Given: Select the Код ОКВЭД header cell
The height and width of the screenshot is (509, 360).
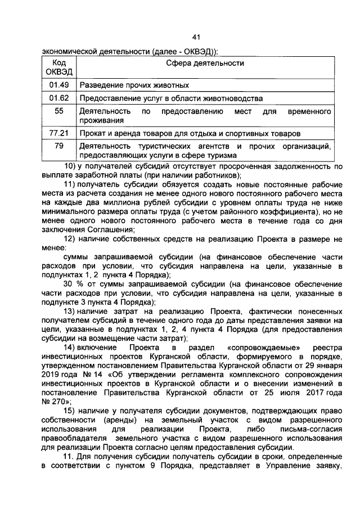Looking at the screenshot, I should tap(58, 67).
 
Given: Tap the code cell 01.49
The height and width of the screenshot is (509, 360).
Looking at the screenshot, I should tap(58, 85).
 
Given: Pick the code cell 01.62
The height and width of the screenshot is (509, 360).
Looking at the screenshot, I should tap(58, 98).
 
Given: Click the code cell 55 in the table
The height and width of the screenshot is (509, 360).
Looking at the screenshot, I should tap(58, 111).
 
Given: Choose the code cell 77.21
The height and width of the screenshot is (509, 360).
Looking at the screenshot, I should tap(58, 133).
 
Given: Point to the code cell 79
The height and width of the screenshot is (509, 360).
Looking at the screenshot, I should tap(58, 146).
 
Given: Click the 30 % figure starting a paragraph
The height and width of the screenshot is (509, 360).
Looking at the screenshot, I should tap(73, 284).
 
